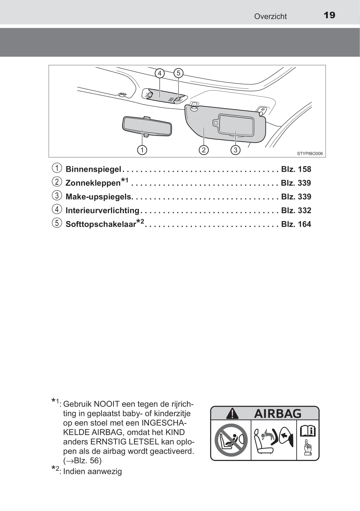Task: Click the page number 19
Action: pos(329,15)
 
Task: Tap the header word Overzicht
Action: pos(270,16)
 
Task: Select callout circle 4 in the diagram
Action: pos(160,73)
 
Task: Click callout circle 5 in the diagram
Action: pos(178,73)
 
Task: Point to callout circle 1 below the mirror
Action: pos(142,150)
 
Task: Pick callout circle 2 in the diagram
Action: pos(203,150)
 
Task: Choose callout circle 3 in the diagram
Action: pos(235,150)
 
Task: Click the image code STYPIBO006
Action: pos(310,154)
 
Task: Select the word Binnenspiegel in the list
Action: pos(93,169)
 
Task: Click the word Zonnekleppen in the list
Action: pos(93,183)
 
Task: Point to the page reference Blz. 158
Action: pos(296,169)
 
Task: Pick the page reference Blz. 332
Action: pos(296,210)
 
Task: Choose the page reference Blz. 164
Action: pos(296,224)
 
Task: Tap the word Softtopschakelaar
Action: pos(101,224)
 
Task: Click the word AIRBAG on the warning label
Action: pos(278,413)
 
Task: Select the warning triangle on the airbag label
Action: pos(232,413)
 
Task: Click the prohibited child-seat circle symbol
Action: pos(231,440)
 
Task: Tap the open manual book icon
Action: pos(308,430)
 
